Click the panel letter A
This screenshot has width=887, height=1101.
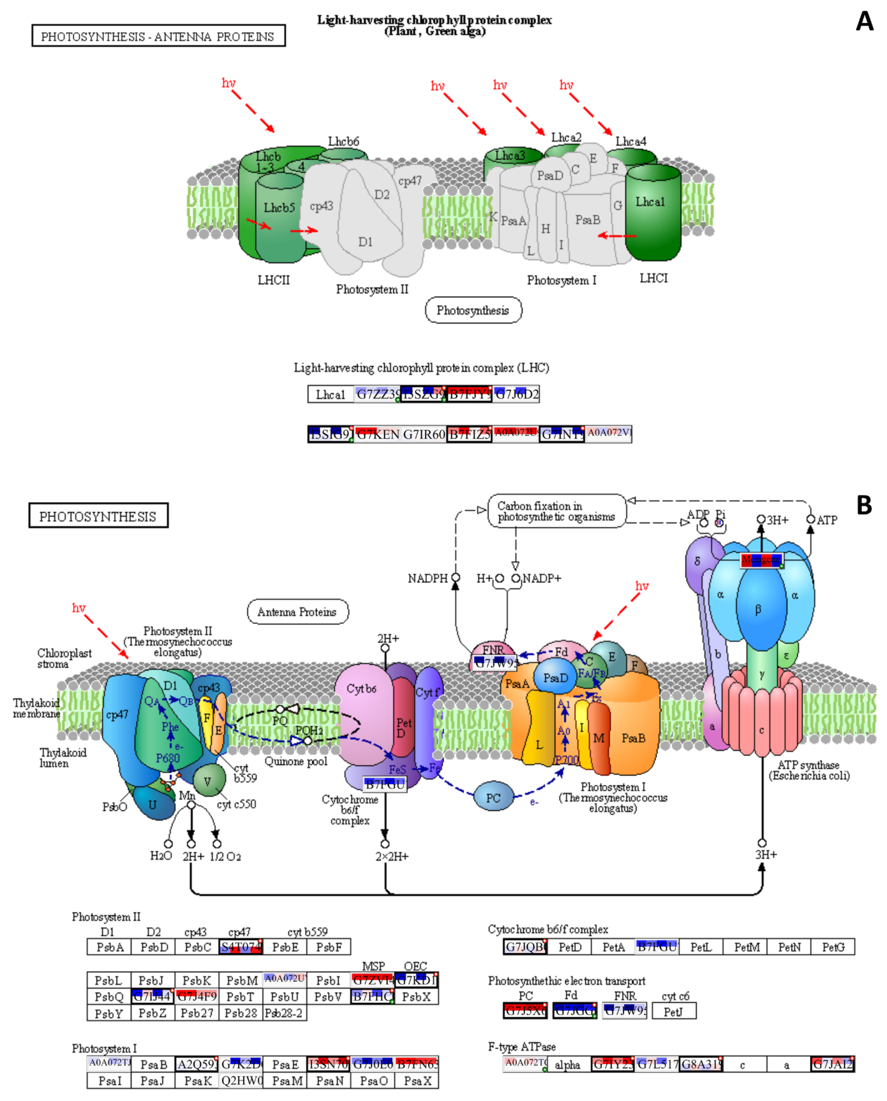[x=865, y=21]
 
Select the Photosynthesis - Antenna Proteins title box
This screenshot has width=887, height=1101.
[x=158, y=36]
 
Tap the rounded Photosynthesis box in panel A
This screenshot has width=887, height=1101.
[x=473, y=310]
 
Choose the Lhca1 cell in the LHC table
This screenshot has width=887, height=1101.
[x=331, y=394]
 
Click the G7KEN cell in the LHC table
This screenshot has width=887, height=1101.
[x=377, y=434]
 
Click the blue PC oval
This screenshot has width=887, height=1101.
[x=493, y=798]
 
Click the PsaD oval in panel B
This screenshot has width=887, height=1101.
[x=555, y=678]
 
